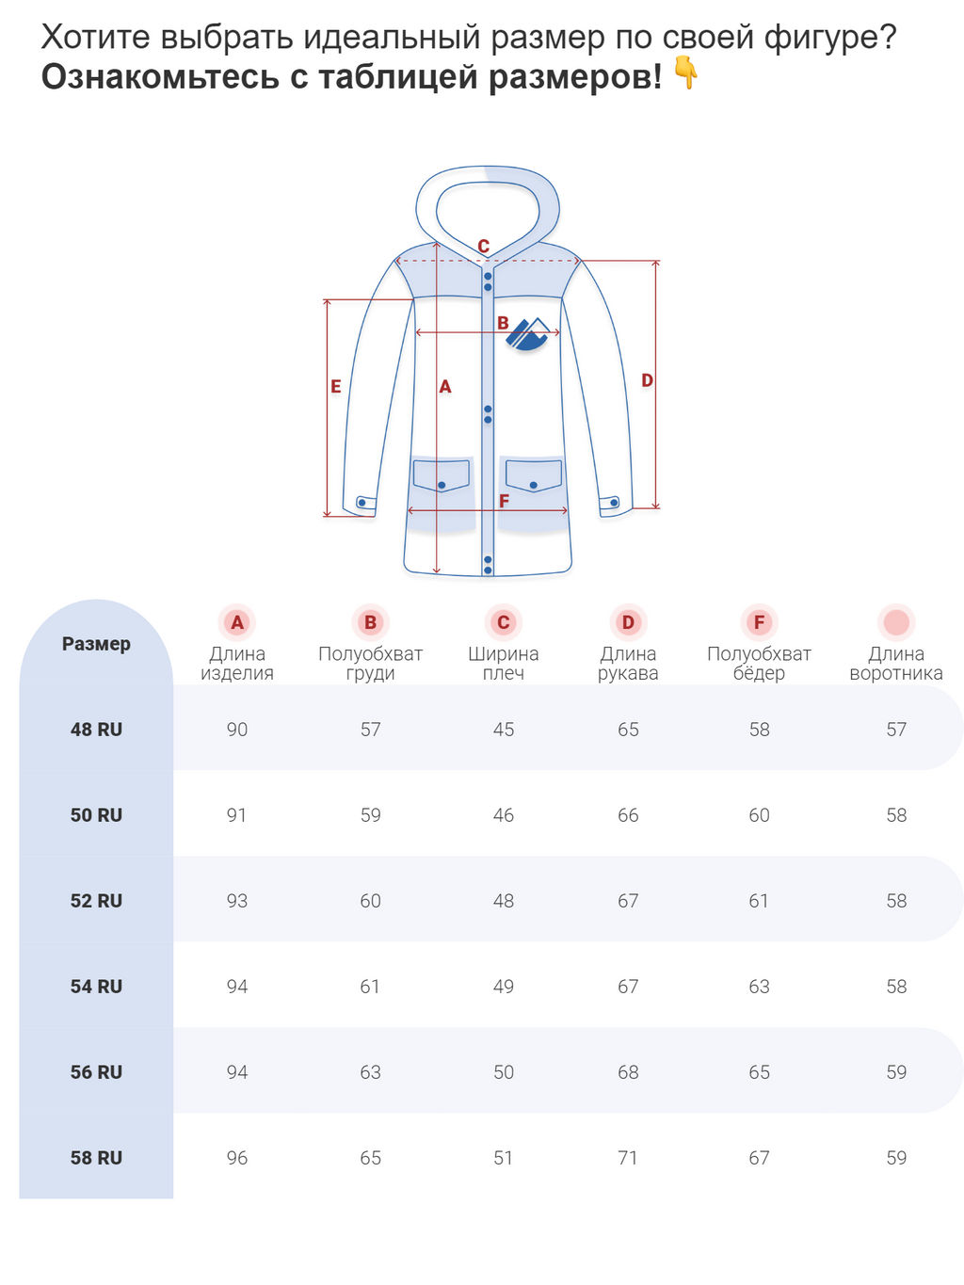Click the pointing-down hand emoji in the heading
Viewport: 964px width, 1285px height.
686,73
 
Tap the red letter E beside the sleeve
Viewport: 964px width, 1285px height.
336,386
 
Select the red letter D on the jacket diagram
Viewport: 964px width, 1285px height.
647,380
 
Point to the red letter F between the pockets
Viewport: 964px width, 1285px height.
504,501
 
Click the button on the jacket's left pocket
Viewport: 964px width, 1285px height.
442,485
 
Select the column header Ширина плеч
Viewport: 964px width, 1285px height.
504,663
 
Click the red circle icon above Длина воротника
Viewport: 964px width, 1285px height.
896,622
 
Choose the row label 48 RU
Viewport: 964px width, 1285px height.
96,730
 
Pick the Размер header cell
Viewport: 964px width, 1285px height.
96,644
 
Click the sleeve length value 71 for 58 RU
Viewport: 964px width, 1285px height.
628,1158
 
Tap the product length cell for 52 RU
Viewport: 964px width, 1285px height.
237,901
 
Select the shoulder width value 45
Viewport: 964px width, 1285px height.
504,730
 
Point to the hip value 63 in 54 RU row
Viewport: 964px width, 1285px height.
759,987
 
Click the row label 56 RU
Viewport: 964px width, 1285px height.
96,1072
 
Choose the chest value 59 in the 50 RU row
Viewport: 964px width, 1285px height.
371,815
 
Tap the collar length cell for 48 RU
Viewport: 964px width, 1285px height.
896,730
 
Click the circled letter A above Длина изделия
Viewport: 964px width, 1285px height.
237,622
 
